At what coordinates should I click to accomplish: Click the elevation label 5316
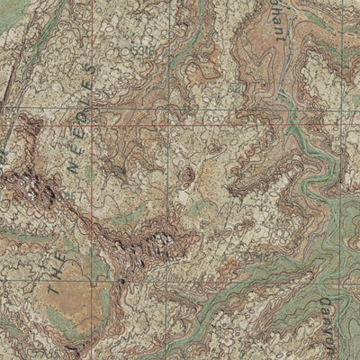[141, 51]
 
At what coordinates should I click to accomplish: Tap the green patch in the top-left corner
[11, 11]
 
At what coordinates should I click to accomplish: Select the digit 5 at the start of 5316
[133, 51]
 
